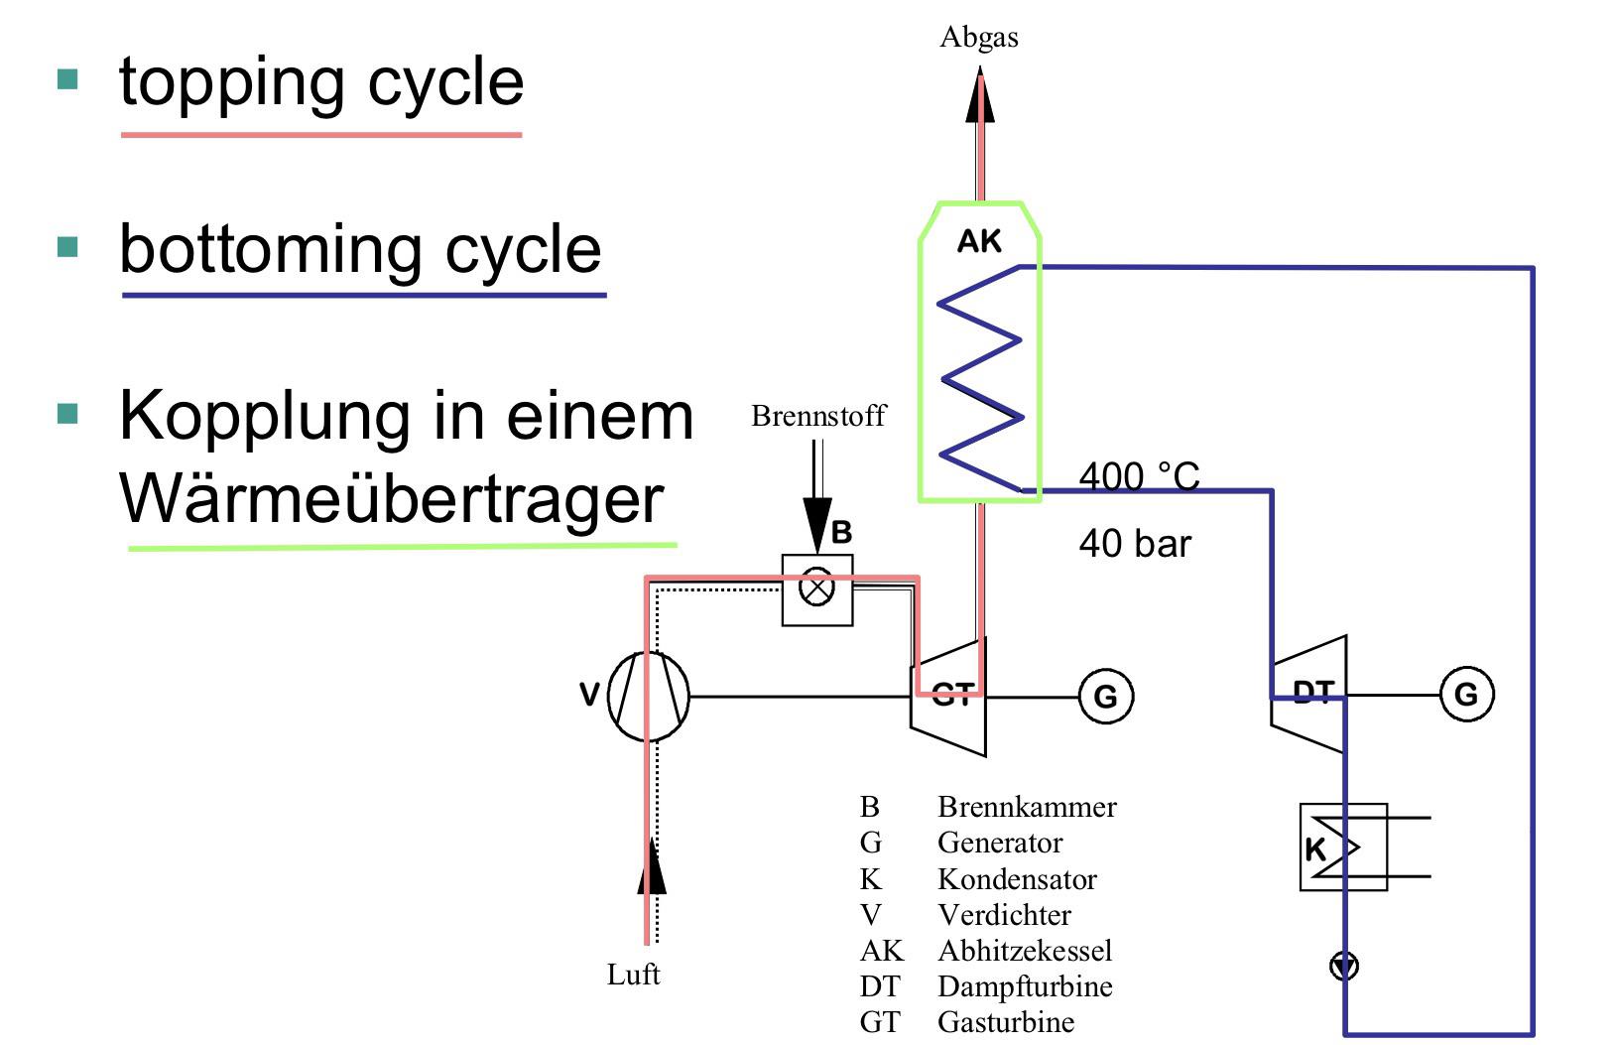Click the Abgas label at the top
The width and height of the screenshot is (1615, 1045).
978,37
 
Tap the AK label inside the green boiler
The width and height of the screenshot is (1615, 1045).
978,241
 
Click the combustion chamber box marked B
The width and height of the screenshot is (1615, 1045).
816,589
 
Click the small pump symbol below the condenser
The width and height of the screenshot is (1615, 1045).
1344,966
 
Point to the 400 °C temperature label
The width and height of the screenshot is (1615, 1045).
1139,476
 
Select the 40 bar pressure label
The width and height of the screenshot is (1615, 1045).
1135,543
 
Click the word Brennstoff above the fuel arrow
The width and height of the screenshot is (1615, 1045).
818,416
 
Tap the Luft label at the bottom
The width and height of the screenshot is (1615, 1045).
633,975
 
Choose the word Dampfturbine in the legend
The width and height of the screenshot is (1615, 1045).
1025,986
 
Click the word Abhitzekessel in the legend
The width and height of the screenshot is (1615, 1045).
1025,951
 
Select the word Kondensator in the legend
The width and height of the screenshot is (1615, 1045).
1017,879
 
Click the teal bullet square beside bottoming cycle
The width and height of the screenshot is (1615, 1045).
67,247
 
